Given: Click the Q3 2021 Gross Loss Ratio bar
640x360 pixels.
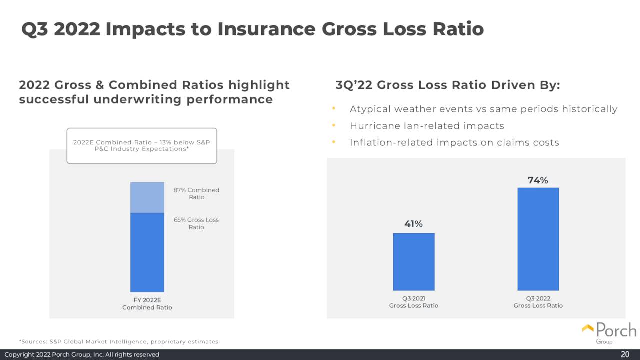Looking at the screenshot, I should click(414, 262).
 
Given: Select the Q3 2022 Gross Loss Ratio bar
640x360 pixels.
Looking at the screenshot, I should click(538, 239).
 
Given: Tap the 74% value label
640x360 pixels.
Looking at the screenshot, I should click(538, 180).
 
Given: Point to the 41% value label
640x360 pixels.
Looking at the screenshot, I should click(413, 224).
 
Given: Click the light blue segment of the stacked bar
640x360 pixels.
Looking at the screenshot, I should click(147, 197).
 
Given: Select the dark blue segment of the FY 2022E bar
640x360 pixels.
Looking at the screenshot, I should click(147, 252).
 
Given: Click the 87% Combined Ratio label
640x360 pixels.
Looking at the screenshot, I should click(196, 193).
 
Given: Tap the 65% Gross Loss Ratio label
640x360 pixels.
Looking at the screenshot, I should click(196, 223).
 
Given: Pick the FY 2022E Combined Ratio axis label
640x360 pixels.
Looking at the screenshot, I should click(147, 304).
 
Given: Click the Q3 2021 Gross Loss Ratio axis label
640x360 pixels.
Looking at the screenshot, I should click(413, 302).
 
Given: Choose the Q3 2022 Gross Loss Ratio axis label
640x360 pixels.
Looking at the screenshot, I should click(538, 302).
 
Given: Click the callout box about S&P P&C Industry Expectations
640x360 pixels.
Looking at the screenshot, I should click(142, 146).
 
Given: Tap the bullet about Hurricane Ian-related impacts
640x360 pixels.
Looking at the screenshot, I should click(427, 126).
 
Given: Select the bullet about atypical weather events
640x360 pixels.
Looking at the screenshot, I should click(483, 109).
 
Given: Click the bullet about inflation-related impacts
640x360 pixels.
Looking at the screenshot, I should click(454, 143).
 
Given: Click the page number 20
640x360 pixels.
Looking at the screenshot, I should click(625, 354).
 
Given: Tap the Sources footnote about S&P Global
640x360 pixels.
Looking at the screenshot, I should click(119, 342).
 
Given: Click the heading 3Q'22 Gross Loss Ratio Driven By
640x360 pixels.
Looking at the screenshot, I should click(448, 85).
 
